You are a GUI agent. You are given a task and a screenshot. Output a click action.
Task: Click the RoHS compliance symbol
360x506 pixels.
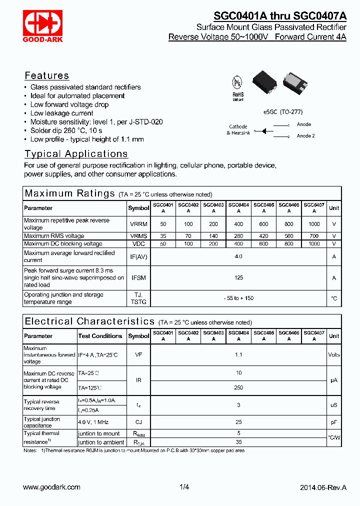click(x=238, y=88)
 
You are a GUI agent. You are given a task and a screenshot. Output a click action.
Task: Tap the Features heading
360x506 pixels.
click(x=47, y=75)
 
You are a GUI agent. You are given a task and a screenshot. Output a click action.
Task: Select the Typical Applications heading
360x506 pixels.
click(x=76, y=154)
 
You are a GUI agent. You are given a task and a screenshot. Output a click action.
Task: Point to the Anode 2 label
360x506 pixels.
click(x=305, y=136)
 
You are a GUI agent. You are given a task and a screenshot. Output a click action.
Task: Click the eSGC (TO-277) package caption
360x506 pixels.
click(x=282, y=112)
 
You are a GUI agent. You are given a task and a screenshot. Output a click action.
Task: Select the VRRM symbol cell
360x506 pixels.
click(x=138, y=224)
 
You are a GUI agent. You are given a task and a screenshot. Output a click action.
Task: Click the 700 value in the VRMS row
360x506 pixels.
click(x=314, y=236)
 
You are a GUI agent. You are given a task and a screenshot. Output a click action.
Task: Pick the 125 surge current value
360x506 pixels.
click(x=238, y=278)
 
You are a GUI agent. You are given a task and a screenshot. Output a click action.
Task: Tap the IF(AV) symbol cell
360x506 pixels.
click(x=138, y=256)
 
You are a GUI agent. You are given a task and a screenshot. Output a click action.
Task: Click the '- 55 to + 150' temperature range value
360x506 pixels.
click(x=238, y=298)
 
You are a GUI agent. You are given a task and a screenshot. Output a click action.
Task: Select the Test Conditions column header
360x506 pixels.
click(x=100, y=336)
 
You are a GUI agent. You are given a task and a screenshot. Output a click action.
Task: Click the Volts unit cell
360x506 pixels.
click(x=333, y=355)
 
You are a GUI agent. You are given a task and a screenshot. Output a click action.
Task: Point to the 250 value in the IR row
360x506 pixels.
click(x=238, y=387)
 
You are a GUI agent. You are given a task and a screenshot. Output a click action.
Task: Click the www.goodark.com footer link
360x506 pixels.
click(x=52, y=487)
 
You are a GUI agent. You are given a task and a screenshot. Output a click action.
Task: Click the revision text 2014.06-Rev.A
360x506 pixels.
click(x=323, y=487)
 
